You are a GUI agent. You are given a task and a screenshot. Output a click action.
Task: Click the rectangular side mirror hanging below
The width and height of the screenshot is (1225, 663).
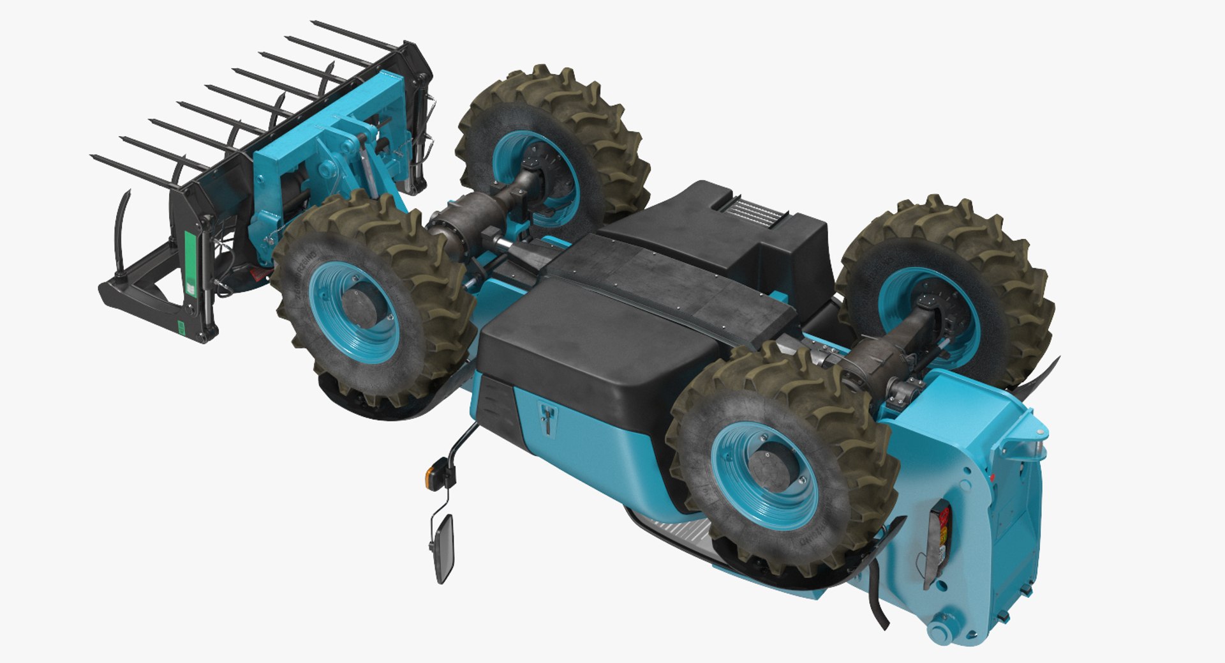(443, 547)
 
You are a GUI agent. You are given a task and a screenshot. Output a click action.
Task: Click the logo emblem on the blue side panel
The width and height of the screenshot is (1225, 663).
(547, 419)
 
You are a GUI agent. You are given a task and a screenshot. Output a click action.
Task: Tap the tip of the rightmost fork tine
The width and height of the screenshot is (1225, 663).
(314, 23)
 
